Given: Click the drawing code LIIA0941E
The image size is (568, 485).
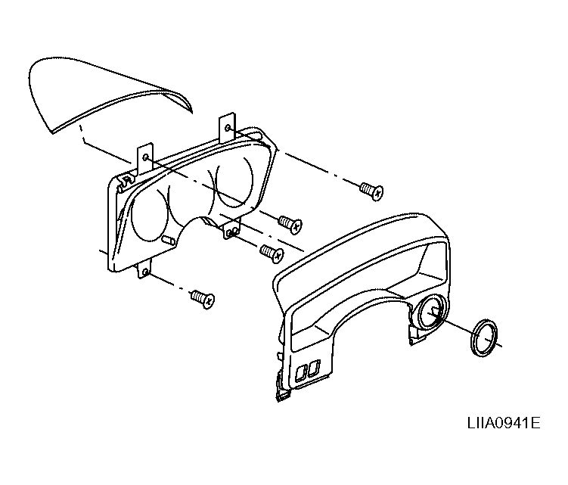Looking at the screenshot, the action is pyautogui.click(x=504, y=423).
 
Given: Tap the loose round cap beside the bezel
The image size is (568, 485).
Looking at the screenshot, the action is pyautogui.click(x=484, y=337).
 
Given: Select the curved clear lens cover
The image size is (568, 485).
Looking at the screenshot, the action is pyautogui.click(x=109, y=95).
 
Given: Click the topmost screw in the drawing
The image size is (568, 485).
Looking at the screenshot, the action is pyautogui.click(x=371, y=191).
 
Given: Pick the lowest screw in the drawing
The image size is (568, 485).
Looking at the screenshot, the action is pyautogui.click(x=203, y=299).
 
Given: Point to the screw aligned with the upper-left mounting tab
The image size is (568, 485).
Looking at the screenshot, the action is pyautogui.click(x=290, y=223).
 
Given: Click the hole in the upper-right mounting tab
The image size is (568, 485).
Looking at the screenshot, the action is pyautogui.click(x=228, y=128).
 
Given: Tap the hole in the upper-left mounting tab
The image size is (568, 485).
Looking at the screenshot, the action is pyautogui.click(x=146, y=157).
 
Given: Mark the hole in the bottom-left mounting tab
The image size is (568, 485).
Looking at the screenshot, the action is pyautogui.click(x=145, y=272).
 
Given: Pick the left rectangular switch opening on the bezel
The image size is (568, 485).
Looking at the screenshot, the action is pyautogui.click(x=301, y=372).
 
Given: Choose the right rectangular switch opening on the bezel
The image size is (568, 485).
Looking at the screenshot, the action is pyautogui.click(x=314, y=368).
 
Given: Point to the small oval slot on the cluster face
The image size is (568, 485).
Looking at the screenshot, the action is pyautogui.click(x=169, y=240).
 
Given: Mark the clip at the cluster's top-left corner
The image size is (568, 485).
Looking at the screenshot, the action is pyautogui.click(x=123, y=181).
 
